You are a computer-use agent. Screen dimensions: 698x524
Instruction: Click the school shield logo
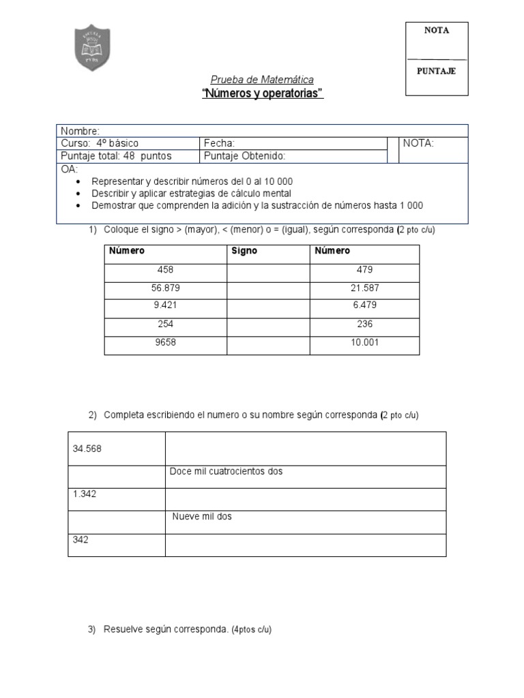(x=91, y=48)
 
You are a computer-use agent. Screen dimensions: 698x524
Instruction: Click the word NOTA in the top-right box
(x=437, y=31)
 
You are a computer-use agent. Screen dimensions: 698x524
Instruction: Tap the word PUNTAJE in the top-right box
(x=437, y=71)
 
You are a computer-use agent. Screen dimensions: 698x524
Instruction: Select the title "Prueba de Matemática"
(x=262, y=80)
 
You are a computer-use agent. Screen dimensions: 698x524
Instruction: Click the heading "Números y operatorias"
(x=262, y=94)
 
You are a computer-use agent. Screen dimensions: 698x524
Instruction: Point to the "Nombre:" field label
(x=81, y=131)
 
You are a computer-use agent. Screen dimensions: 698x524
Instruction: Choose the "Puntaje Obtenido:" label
(x=244, y=156)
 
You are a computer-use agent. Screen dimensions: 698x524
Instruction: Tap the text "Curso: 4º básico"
(x=100, y=143)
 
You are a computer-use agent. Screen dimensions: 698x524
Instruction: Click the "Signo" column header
(x=244, y=251)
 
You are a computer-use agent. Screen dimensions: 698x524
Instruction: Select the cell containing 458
(x=165, y=270)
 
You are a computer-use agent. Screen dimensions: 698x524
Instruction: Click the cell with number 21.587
(x=364, y=288)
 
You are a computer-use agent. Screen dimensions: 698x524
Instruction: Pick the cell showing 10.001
(x=364, y=343)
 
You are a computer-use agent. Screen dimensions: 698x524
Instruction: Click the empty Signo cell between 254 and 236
(x=268, y=324)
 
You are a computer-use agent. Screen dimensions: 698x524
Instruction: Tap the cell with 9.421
(x=165, y=306)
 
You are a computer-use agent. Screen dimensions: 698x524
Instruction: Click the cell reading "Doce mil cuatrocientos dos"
(x=226, y=472)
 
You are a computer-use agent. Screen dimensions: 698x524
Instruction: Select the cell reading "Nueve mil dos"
(x=202, y=517)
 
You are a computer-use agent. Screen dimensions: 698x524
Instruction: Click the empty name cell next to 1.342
(x=306, y=499)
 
